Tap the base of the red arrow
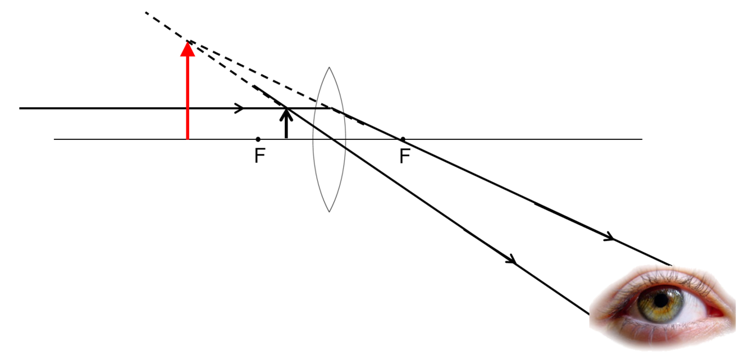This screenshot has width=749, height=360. [x=188, y=138]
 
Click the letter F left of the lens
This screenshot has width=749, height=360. [x=259, y=156]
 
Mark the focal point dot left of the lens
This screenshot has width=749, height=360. [x=258, y=139]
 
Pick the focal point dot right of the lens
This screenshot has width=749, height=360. [x=403, y=139]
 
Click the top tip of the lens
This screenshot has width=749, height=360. [x=330, y=68]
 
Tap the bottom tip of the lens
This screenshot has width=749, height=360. [x=330, y=212]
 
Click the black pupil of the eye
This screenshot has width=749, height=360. [x=663, y=300]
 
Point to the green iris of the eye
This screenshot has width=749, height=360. [x=672, y=308]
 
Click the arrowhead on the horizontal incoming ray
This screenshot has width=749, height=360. [x=240, y=108]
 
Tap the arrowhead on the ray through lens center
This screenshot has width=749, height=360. [x=511, y=261]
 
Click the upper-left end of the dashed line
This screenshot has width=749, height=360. [x=145, y=12]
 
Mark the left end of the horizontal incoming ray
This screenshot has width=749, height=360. [x=20, y=108]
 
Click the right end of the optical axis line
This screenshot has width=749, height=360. [x=641, y=139]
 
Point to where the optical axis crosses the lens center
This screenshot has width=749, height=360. [x=330, y=139]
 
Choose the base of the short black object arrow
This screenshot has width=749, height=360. [x=286, y=138]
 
